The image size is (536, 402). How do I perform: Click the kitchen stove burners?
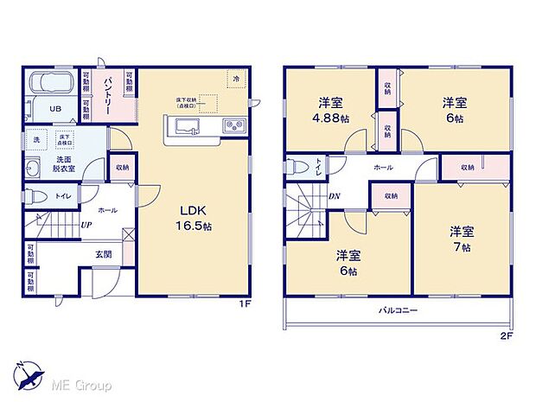click(233, 127)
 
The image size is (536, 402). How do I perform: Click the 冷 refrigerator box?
click(235, 78)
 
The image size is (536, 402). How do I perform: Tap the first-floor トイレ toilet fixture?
click(35, 196)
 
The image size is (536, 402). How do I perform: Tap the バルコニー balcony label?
click(398, 310)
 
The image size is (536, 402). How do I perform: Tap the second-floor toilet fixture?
click(297, 167)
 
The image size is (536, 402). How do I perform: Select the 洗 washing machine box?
click(36, 140)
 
